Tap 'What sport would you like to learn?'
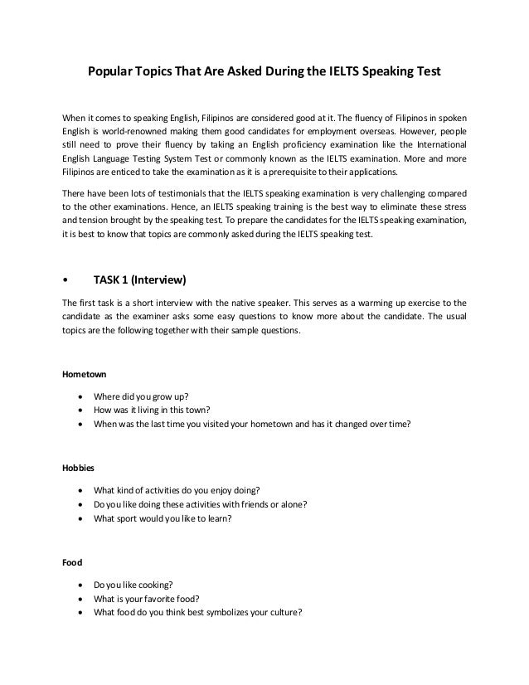coord(163,519)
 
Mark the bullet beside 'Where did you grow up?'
coord(79,394)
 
